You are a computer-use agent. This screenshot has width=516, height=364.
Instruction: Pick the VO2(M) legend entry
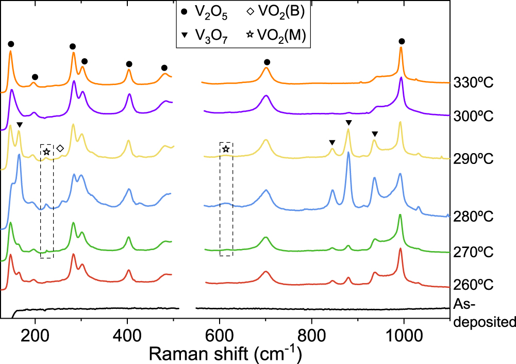273,35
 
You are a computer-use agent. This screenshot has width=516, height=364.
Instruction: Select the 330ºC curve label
474,83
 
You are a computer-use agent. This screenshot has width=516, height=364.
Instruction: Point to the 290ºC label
474,158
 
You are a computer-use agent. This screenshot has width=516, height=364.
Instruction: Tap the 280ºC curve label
474,217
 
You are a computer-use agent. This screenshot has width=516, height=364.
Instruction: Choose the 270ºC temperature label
474,252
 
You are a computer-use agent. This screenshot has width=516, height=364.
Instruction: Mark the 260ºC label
474,285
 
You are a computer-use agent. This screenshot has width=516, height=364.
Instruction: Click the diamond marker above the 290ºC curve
60,148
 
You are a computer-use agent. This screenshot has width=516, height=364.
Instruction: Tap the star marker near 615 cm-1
226,149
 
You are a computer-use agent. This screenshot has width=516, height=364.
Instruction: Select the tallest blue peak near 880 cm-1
348,153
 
